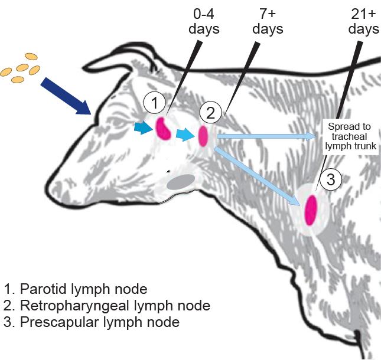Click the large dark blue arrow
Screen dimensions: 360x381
pyautogui.click(x=64, y=94)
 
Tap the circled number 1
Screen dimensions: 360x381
pyautogui.click(x=154, y=104)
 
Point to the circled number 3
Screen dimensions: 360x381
pyautogui.click(x=330, y=178)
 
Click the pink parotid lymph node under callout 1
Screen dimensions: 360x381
pyautogui.click(x=162, y=128)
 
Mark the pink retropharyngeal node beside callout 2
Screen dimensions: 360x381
pyautogui.click(x=203, y=136)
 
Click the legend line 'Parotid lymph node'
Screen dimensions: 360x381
pyautogui.click(x=76, y=289)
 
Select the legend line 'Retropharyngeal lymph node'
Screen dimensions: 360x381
pyautogui.click(x=107, y=306)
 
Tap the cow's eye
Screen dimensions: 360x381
pyautogui.click(x=123, y=122)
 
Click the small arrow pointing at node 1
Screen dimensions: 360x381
pyautogui.click(x=142, y=127)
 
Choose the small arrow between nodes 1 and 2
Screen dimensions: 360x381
pyautogui.click(x=185, y=135)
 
